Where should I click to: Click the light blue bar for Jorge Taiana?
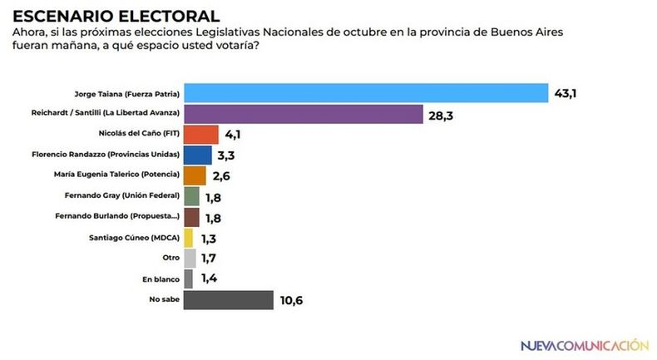coord(365,92)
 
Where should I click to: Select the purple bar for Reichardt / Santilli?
coord(304,113)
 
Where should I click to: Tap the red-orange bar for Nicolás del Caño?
coord(200,134)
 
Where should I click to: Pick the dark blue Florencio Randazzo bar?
coord(197,155)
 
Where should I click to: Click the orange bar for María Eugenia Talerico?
coord(195,175)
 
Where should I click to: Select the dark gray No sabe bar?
coord(229,299)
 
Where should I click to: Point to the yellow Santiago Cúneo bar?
coord(189,238)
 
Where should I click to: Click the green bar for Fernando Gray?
coord(191,196)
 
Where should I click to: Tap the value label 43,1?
coord(566,93)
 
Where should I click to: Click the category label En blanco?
coord(162,279)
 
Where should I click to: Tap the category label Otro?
coord(170,259)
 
